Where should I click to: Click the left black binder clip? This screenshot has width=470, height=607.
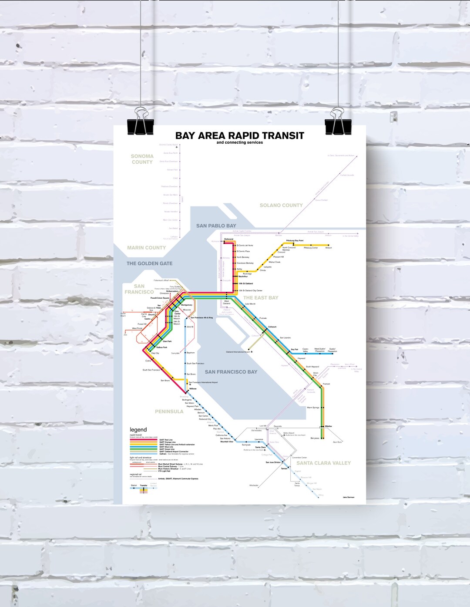[x=141, y=124]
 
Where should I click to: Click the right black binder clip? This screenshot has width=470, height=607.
[x=338, y=124]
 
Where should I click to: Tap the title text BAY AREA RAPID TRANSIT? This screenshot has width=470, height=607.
[x=239, y=136]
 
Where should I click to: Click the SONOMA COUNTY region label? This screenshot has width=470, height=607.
[x=142, y=159]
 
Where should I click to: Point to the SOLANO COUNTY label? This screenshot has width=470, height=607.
[x=281, y=205]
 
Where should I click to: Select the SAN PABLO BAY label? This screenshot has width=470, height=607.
[x=216, y=226]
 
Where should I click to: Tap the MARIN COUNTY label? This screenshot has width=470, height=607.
[x=146, y=248]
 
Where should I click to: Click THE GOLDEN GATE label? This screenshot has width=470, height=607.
[x=149, y=263]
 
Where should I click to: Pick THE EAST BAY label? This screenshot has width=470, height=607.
[x=261, y=298]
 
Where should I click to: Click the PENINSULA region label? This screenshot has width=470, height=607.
[x=169, y=411]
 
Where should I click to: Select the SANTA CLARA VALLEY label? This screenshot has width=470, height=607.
[x=323, y=463]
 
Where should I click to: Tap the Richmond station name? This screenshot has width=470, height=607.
[x=228, y=239]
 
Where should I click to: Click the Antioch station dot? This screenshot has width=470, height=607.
[x=329, y=245]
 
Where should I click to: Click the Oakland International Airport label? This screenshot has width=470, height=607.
[x=238, y=352]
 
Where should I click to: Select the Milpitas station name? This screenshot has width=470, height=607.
[x=328, y=426]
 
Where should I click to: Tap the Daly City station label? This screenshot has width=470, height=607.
[x=155, y=353]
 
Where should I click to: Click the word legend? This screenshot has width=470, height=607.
[x=138, y=430]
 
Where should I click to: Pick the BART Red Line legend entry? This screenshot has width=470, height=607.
[x=166, y=440]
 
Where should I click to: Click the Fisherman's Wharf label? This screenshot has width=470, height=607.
[x=161, y=280]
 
